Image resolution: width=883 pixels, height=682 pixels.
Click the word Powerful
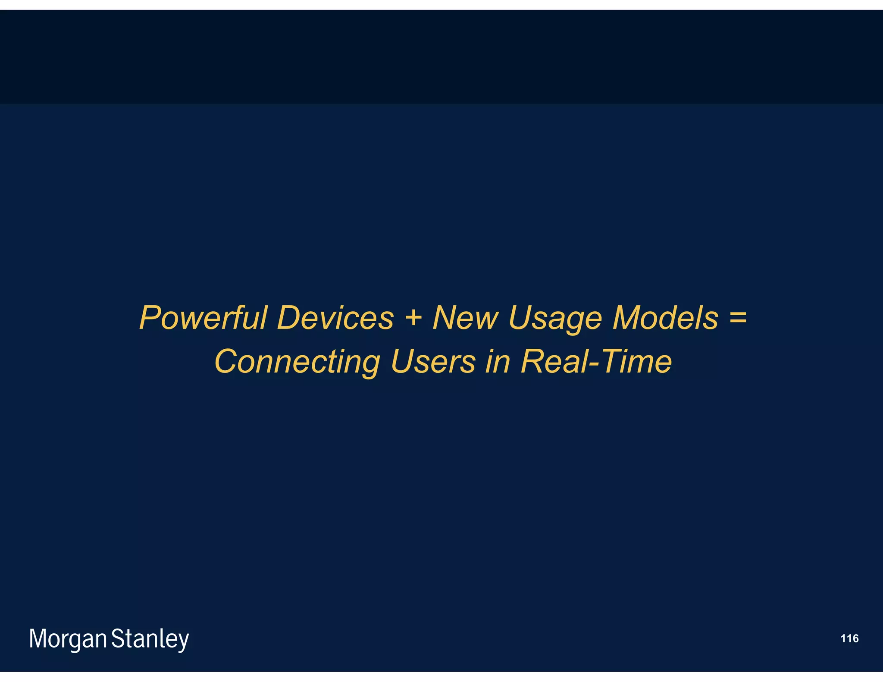[x=203, y=318]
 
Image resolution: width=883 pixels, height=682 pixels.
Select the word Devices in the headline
[x=335, y=318]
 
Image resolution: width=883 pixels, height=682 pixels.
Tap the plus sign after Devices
[x=413, y=318]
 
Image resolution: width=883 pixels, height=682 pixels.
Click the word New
[x=465, y=318]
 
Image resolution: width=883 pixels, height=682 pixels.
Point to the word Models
[x=665, y=318]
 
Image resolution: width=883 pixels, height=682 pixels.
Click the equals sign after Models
[x=738, y=318]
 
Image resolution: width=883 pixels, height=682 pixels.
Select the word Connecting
[x=297, y=362]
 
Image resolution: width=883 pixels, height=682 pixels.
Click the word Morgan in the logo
[x=68, y=639]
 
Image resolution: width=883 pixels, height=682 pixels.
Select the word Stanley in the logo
[x=150, y=639]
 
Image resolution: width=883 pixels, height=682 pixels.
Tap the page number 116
[x=849, y=638]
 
